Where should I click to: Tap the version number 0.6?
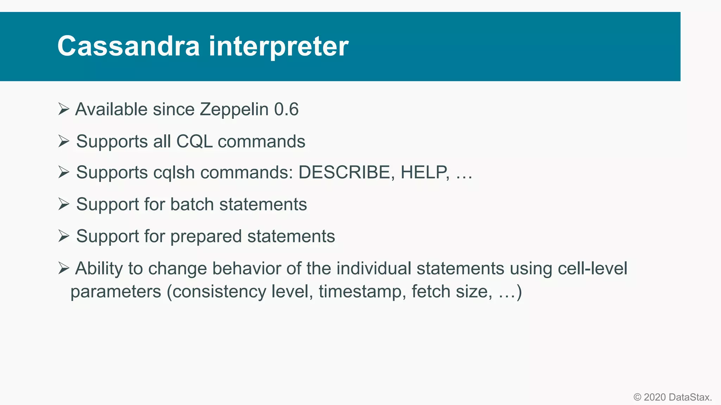point(286,109)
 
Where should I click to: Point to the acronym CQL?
point(194,141)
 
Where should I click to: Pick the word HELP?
point(425,172)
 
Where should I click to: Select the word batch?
point(192,204)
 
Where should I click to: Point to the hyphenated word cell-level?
point(593,268)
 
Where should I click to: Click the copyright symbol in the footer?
point(637,397)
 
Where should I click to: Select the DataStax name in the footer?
point(690,397)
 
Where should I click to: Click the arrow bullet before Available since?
point(64,109)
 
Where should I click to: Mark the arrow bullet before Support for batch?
point(64,204)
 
